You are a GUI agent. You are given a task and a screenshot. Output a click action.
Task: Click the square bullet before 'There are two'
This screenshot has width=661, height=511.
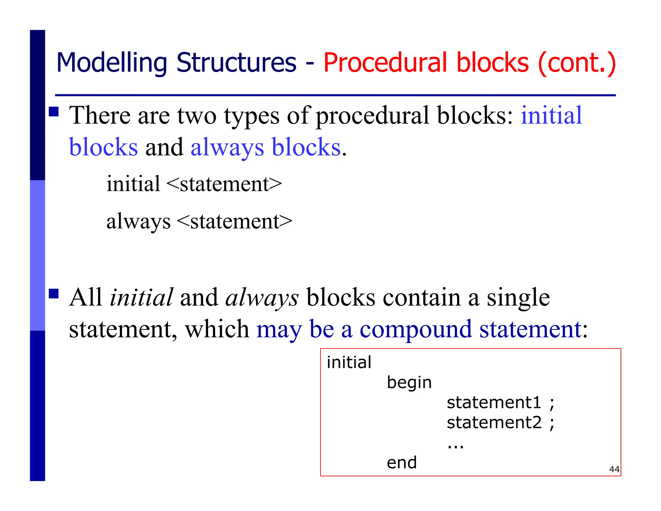(x=54, y=112)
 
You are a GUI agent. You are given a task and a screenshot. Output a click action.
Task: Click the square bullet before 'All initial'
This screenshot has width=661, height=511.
(x=54, y=294)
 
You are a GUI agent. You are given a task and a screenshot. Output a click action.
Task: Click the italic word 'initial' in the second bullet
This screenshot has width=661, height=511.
(x=141, y=297)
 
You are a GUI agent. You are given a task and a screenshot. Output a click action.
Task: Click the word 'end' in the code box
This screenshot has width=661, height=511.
(x=402, y=463)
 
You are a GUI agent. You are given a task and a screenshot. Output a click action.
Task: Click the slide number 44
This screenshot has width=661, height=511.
(x=614, y=469)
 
